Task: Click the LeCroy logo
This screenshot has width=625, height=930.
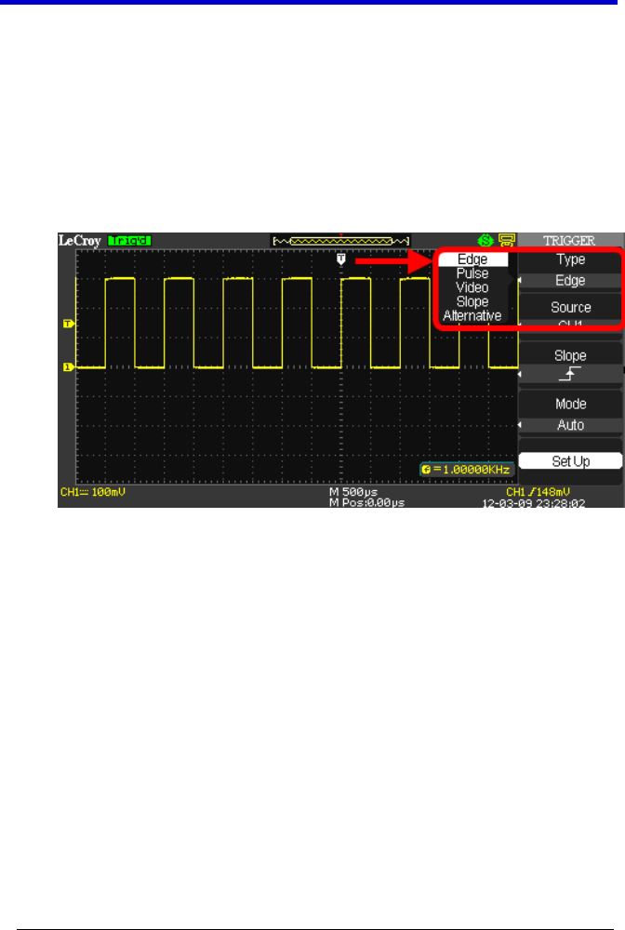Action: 81,240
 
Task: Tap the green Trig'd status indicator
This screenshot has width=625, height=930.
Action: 129,240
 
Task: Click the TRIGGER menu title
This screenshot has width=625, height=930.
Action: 570,240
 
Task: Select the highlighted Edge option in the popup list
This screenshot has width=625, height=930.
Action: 473,260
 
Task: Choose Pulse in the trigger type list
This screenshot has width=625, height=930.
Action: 472,274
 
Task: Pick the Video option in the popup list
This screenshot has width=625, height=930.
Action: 472,287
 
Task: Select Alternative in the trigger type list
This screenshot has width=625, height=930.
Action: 472,316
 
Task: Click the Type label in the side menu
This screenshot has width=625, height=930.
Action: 570,261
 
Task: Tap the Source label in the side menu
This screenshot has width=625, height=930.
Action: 570,307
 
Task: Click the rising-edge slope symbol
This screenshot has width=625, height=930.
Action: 570,374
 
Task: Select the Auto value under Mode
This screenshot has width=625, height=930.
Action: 570,425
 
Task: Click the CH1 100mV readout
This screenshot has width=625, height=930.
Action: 93,490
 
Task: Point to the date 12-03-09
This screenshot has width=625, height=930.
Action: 508,500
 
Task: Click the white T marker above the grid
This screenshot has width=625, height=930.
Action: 341,259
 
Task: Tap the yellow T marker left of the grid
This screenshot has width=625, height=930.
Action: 68,324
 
